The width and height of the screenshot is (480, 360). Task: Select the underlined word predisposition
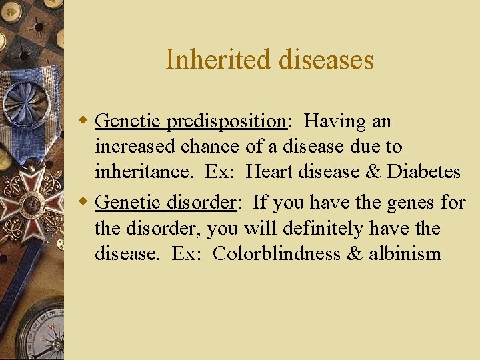[x=227, y=121]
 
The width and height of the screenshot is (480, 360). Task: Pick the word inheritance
[x=145, y=172]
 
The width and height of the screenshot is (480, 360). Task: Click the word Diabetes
[x=424, y=172]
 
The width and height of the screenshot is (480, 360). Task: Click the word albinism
[x=405, y=254]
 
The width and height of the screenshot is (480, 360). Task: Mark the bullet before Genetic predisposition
[x=85, y=121]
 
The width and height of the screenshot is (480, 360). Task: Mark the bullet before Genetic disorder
[x=85, y=202]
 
